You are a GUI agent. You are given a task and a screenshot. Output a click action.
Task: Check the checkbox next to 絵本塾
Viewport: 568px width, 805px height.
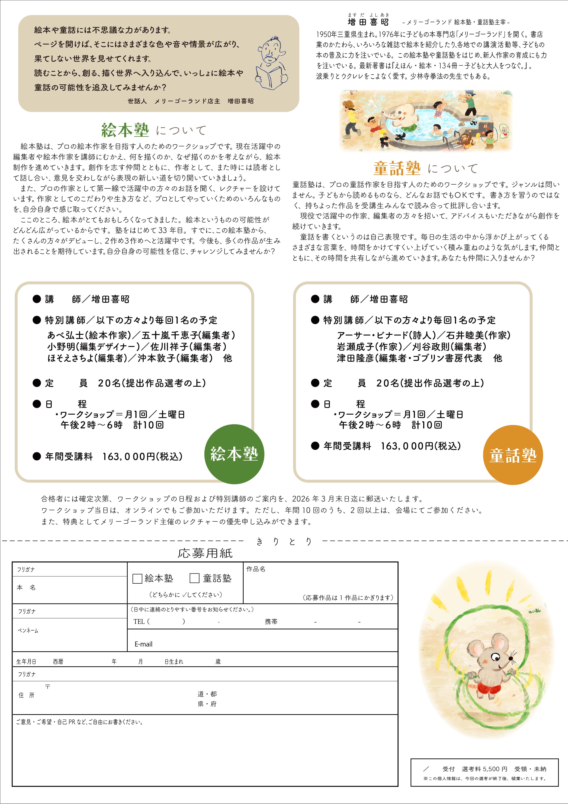coord(137,579)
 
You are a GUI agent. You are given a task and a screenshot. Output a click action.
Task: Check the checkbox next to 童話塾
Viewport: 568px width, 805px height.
coord(194,578)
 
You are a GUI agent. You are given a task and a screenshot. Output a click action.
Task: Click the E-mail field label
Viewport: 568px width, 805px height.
coord(143,644)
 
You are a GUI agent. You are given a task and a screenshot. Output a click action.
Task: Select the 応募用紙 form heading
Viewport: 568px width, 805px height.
coord(205,553)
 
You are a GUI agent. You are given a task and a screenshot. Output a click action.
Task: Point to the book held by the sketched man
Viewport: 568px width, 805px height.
coord(269,77)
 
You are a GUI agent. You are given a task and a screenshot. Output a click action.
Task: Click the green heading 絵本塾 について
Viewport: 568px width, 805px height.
coord(153,130)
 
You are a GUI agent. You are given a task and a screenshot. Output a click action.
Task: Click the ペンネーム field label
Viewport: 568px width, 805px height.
coord(28,631)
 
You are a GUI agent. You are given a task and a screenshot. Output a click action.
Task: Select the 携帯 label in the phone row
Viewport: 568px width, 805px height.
coord(271,622)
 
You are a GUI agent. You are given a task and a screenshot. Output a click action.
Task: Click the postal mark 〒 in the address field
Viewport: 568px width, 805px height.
coord(48,687)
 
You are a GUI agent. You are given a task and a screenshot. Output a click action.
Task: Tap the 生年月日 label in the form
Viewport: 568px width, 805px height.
coord(26,662)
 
